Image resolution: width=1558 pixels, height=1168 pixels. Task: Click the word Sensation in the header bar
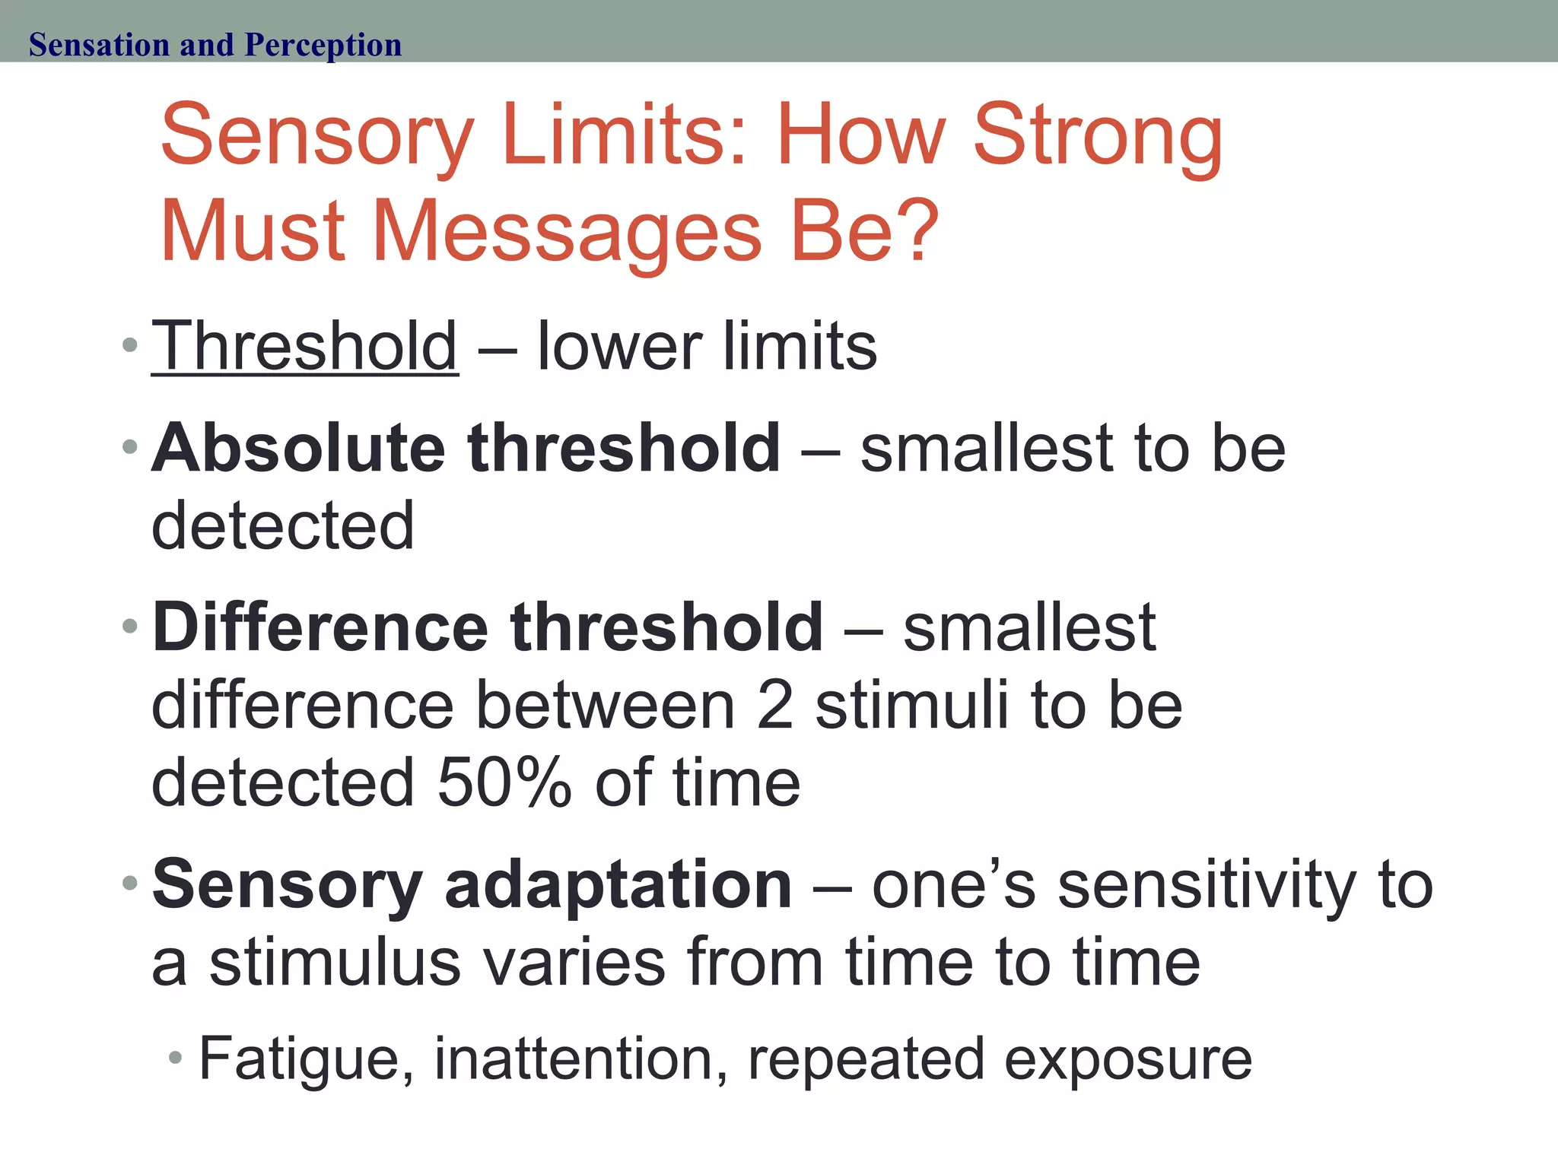coord(99,45)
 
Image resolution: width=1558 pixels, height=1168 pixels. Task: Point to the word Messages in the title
coord(567,231)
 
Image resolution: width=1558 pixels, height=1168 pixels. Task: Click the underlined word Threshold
coord(304,346)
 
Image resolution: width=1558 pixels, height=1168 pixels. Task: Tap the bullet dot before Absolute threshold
coord(130,446)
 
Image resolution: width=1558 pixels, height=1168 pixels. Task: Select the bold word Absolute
coord(298,448)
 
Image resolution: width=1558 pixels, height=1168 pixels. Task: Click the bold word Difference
coord(320,627)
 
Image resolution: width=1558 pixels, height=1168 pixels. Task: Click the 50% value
coord(504,783)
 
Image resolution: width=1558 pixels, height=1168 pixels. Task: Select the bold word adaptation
coord(618,884)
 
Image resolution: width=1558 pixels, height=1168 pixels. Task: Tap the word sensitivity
coord(1207,884)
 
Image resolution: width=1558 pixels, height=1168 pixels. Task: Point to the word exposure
coord(1128,1059)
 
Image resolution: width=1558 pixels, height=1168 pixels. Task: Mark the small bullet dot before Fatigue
coord(176,1058)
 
